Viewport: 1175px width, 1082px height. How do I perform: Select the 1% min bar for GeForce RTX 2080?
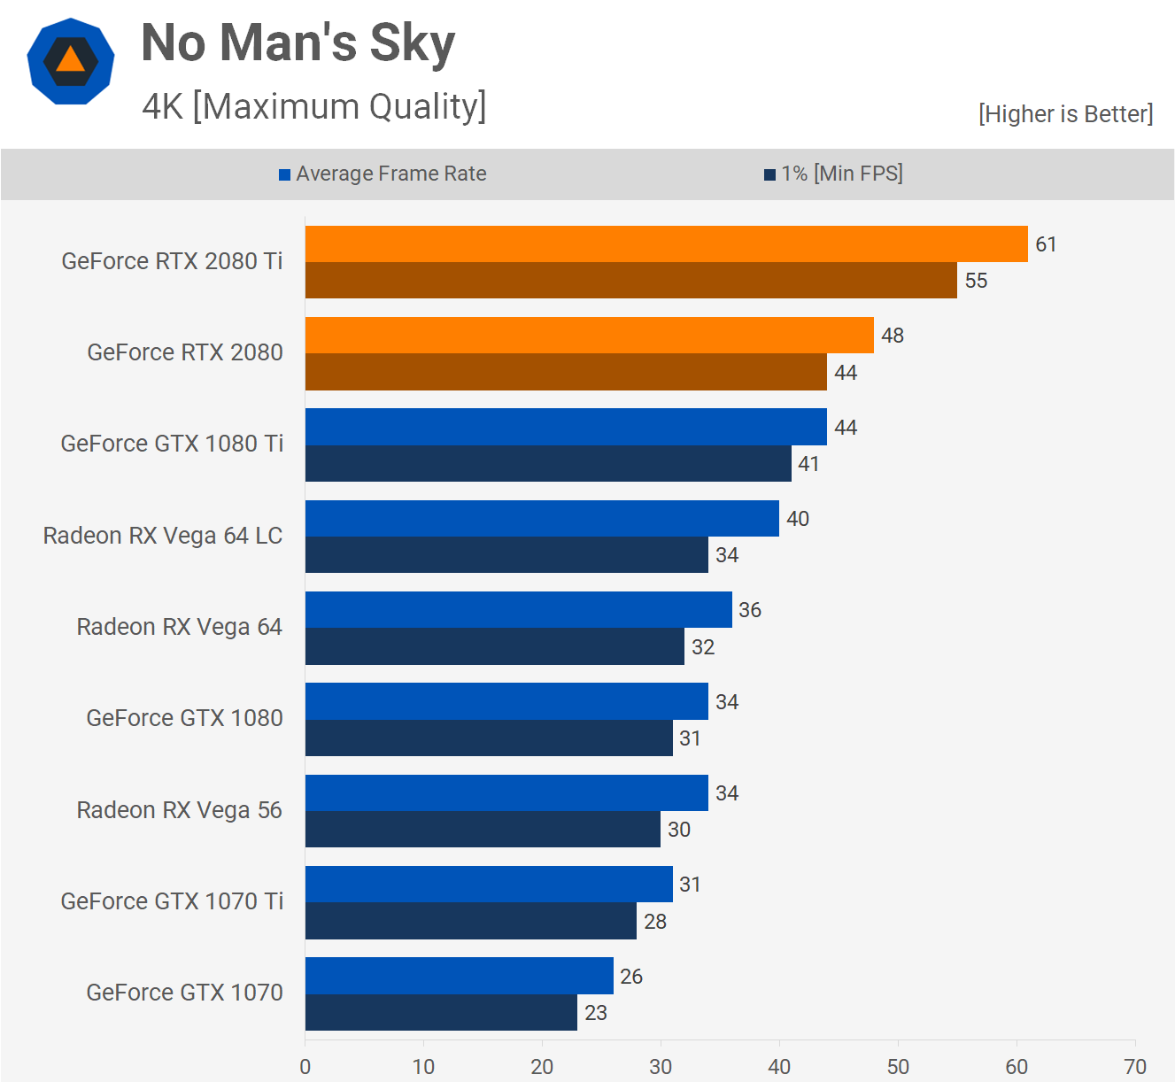566,372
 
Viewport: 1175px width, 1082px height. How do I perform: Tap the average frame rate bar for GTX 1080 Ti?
566,427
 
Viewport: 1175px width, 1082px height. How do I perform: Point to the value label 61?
1046,244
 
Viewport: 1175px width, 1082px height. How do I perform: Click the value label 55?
976,281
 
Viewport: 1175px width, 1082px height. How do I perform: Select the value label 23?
596,1013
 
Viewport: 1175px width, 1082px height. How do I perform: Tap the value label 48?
893,336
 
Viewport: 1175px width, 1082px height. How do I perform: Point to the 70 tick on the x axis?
1135,1066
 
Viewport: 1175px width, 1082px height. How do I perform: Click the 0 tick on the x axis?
305,1066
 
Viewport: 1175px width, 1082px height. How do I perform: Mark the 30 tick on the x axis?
661,1066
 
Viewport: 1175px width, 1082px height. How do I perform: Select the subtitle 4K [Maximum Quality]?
313,106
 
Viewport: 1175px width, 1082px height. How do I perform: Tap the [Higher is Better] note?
1065,114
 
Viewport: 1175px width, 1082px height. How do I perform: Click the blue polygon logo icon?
71,61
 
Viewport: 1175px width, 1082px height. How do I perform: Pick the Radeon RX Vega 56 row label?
179,810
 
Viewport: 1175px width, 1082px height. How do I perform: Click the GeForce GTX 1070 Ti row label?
172,901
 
